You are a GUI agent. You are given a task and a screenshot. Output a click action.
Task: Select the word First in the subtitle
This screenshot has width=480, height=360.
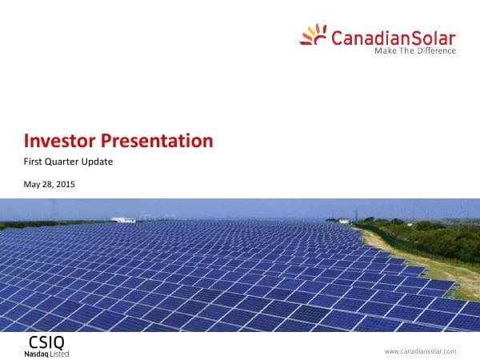(35, 162)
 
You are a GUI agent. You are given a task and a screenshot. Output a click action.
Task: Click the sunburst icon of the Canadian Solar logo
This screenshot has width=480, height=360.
(313, 34)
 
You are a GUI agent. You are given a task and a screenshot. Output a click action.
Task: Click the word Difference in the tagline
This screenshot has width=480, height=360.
(435, 51)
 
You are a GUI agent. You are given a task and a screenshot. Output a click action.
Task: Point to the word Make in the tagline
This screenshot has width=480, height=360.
(386, 51)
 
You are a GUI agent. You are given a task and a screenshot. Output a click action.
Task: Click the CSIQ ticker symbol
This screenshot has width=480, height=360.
(41, 342)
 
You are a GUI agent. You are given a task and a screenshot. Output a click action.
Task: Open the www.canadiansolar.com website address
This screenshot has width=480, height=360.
(420, 350)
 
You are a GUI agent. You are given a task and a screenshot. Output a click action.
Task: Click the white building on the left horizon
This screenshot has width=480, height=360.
(122, 218)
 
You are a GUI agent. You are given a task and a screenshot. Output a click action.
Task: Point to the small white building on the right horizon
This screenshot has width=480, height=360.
(343, 220)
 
